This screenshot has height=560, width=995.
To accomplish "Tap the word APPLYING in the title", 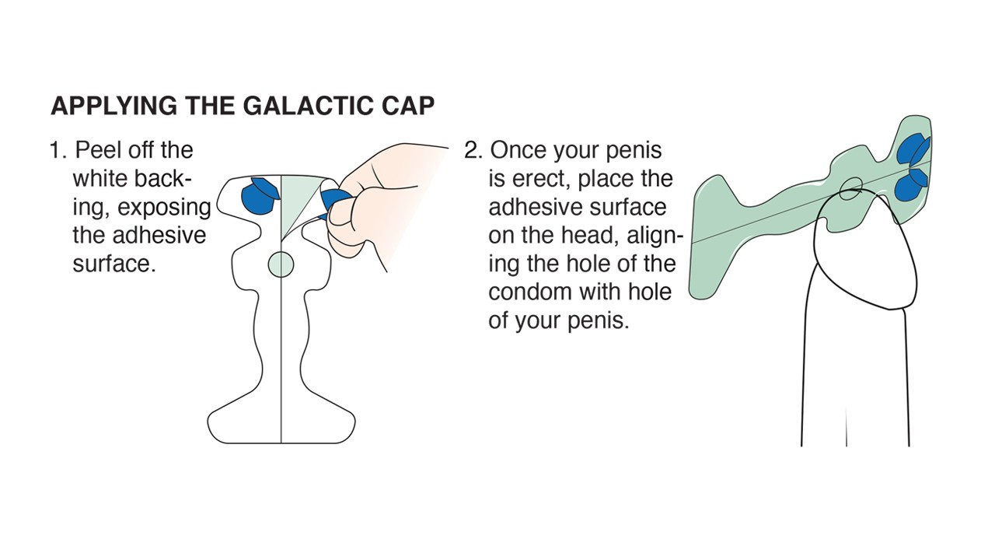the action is (114, 106).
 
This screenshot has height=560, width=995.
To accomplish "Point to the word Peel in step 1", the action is (98, 150).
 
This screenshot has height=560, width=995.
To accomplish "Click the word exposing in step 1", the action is (164, 208).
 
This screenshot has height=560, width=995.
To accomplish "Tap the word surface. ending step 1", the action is (114, 264).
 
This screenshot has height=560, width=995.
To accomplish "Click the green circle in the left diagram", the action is (281, 264).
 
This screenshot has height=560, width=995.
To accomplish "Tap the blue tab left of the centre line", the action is (259, 197).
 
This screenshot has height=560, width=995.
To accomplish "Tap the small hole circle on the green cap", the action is (851, 189).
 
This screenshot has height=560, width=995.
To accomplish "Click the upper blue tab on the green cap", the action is (913, 149).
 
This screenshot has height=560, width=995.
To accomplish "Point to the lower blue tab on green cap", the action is (909, 184).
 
